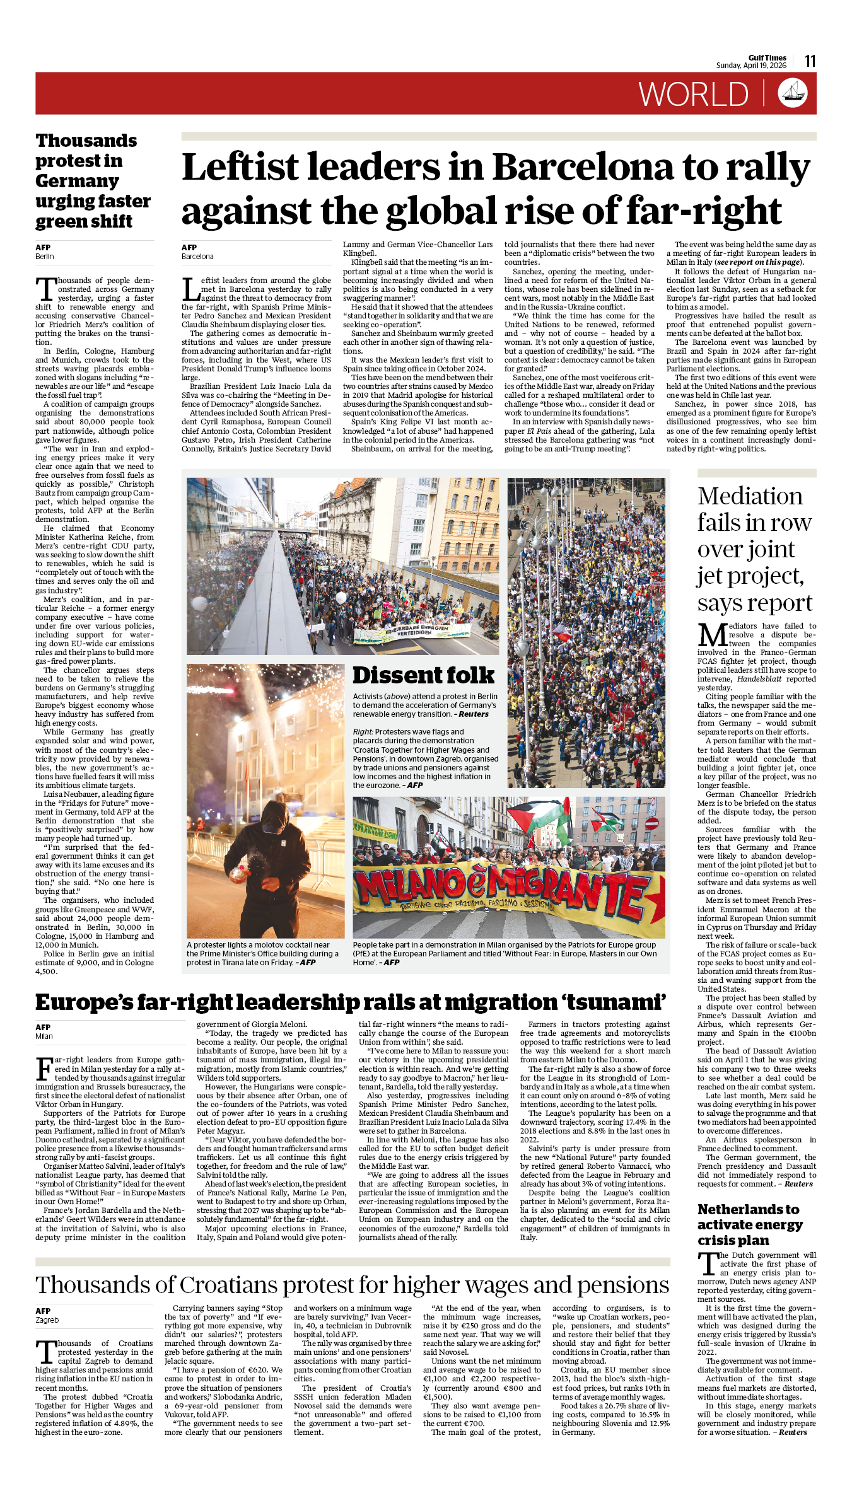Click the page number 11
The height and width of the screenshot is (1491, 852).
810,61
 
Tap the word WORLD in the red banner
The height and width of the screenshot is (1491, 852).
693,95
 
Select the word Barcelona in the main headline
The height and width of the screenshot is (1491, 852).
583,168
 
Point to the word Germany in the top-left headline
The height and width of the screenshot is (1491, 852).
77,182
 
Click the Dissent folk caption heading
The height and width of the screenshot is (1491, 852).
423,675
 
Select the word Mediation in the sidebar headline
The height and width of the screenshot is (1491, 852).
750,496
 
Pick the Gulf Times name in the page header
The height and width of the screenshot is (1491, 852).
767,58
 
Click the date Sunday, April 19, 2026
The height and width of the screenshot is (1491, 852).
750,66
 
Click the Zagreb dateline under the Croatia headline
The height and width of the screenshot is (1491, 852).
47,1320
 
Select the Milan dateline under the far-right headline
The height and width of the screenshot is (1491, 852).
44,1036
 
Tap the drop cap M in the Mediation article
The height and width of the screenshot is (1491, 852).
711,635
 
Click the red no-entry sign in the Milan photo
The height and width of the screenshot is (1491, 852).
652,823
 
